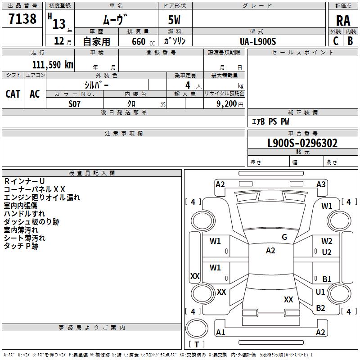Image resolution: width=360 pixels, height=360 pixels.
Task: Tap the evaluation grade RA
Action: tap(343, 21)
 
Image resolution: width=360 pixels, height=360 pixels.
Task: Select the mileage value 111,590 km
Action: tap(53, 64)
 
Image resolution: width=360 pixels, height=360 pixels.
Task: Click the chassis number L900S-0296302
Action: tap(302, 144)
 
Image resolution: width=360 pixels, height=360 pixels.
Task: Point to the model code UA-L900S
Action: tap(258, 41)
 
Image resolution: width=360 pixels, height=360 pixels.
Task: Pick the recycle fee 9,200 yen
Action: tap(224, 103)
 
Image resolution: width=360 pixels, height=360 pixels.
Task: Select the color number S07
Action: tap(75, 103)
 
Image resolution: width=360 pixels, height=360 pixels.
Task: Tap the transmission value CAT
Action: tap(13, 94)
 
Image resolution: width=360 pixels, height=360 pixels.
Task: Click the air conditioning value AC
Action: tap(35, 94)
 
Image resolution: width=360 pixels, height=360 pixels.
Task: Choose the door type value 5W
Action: tap(175, 21)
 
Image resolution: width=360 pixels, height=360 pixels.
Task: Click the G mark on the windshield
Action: tap(284, 237)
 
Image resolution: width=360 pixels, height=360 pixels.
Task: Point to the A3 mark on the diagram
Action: tap(321, 184)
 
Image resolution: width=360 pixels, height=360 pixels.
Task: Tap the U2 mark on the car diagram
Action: tap(327, 252)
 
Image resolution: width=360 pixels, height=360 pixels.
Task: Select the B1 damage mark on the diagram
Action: tap(327, 279)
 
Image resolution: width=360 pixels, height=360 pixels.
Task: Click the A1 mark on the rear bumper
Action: tap(220, 333)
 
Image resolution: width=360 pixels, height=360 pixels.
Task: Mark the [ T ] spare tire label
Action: tap(197, 344)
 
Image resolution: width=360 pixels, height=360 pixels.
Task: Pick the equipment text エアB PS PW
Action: tap(270, 121)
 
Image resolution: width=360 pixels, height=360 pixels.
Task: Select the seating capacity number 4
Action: tap(187, 85)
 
